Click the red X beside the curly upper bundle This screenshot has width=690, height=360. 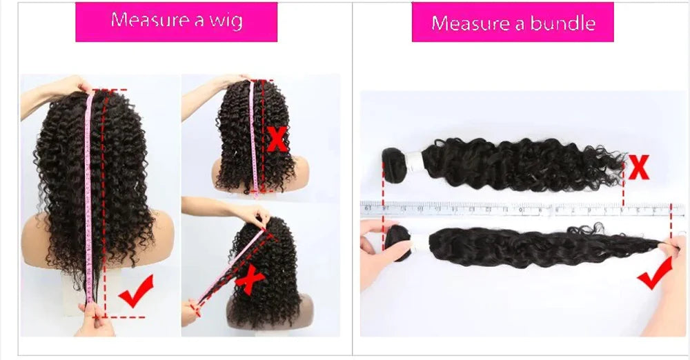tap(639, 168)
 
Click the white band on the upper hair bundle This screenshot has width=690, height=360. tap(414, 161)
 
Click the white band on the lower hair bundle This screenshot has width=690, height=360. tap(417, 241)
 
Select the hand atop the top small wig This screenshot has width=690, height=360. tap(231, 81)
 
